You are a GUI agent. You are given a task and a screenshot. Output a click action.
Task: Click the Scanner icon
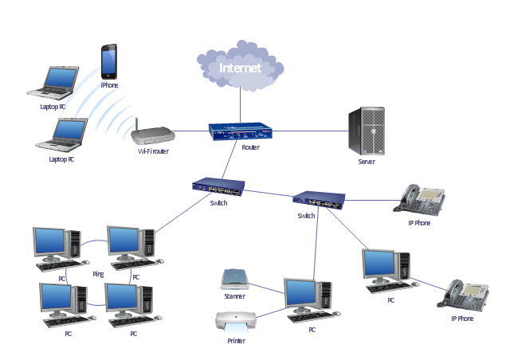coord(235,279)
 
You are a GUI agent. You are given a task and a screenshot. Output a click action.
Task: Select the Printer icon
coord(236,323)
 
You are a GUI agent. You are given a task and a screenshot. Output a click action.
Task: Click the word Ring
coord(98,274)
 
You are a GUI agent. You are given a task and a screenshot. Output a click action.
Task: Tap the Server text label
coord(366,162)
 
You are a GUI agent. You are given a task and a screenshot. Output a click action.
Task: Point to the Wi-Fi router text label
coord(153,151)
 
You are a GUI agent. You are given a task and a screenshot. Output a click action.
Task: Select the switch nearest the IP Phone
coord(318,200)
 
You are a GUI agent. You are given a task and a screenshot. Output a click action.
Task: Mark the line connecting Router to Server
coord(311,130)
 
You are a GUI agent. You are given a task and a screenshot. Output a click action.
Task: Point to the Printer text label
coord(236,340)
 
